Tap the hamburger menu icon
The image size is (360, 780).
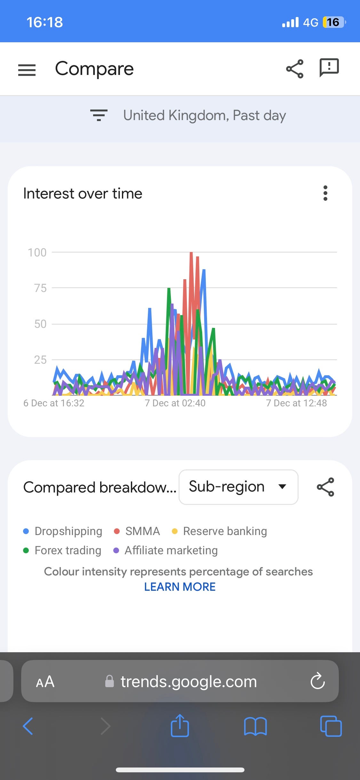pyautogui.click(x=27, y=70)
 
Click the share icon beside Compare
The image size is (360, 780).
pyautogui.click(x=294, y=69)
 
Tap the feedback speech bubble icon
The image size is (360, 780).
pyautogui.click(x=329, y=67)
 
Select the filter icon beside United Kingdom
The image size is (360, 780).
pyautogui.click(x=99, y=115)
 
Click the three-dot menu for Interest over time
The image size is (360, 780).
pyautogui.click(x=325, y=193)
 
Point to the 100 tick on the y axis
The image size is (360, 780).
pyautogui.click(x=37, y=253)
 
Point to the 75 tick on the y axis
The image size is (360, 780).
pyautogui.click(x=40, y=288)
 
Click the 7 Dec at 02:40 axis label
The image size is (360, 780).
pyautogui.click(x=175, y=403)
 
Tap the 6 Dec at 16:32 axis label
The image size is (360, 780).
pyautogui.click(x=54, y=403)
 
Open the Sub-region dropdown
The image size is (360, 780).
pyautogui.click(x=238, y=487)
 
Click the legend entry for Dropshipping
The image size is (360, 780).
pyautogui.click(x=63, y=531)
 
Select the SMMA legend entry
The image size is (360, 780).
pyautogui.click(x=137, y=531)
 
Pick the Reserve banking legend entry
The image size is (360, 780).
pyautogui.click(x=220, y=531)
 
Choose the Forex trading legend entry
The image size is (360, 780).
pyautogui.click(x=62, y=550)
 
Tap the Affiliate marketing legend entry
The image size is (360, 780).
pyautogui.click(x=166, y=550)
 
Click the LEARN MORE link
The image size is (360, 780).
pyautogui.click(x=180, y=587)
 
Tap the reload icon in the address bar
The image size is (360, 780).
pyautogui.click(x=317, y=681)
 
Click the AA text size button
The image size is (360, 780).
pyautogui.click(x=45, y=682)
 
